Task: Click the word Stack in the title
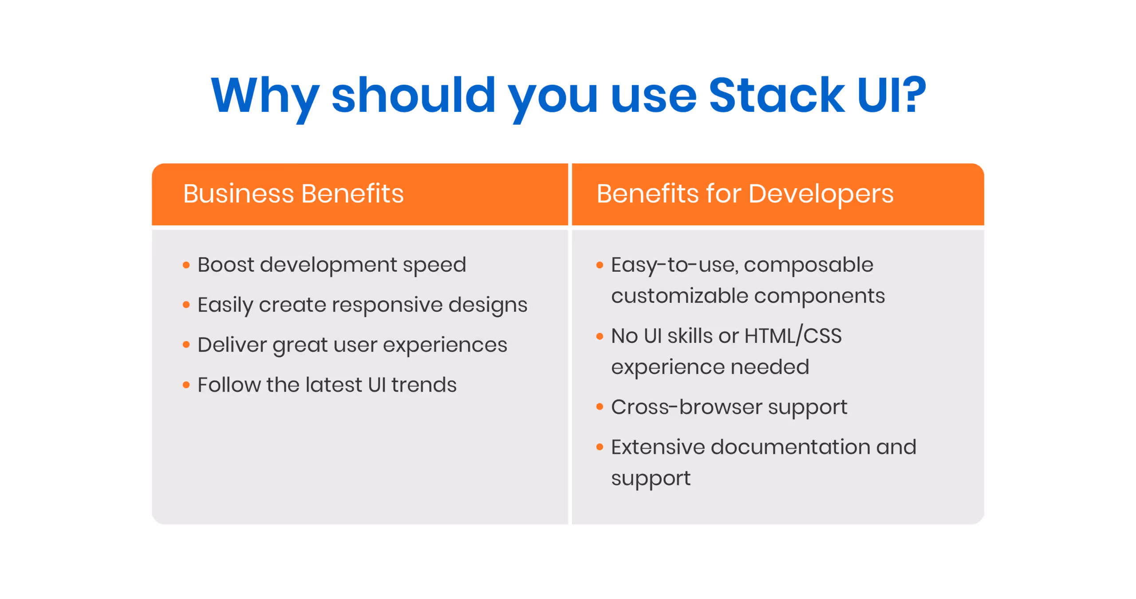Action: (777, 95)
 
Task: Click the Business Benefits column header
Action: (293, 194)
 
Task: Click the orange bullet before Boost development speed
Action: (186, 265)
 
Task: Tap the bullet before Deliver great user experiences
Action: (186, 345)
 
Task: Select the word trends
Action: (424, 385)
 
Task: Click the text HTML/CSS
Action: (793, 336)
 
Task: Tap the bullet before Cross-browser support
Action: (600, 407)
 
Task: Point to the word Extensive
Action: (658, 447)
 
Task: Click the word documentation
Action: (790, 447)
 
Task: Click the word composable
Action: (809, 265)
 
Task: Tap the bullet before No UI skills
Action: (600, 336)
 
